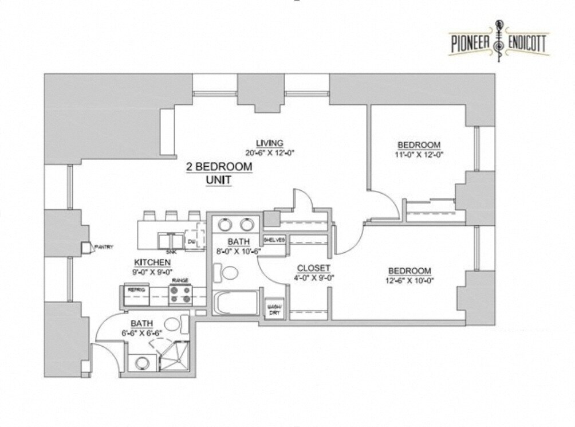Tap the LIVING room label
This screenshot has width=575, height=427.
(x=269, y=143)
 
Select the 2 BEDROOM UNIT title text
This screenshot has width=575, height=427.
(x=219, y=173)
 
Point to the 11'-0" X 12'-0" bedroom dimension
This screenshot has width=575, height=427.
(x=419, y=154)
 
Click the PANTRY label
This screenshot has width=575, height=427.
(x=104, y=247)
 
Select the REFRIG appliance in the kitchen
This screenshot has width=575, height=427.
(x=136, y=290)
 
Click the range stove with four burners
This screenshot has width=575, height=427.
(x=180, y=295)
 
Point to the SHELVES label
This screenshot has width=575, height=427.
(x=274, y=240)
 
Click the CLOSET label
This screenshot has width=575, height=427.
(x=313, y=268)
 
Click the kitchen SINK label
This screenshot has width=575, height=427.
(x=171, y=252)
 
